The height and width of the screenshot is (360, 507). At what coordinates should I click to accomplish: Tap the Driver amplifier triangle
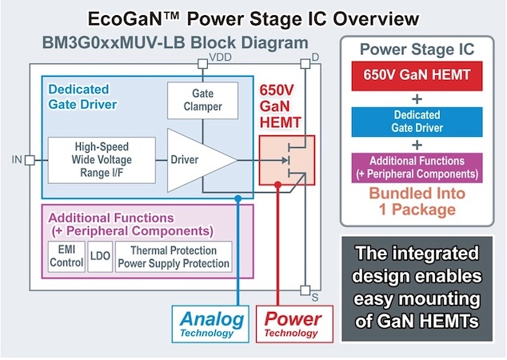click(197, 160)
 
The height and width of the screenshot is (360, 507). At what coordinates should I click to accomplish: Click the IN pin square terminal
click(29, 160)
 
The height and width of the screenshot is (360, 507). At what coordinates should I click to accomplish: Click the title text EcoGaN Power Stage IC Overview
click(253, 15)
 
